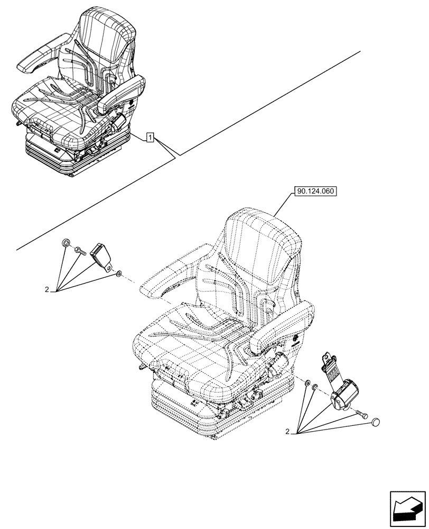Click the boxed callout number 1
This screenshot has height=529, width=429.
[x=151, y=139]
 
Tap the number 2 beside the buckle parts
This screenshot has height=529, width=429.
[x=47, y=289]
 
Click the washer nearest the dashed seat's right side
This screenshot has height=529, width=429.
[x=306, y=381]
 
